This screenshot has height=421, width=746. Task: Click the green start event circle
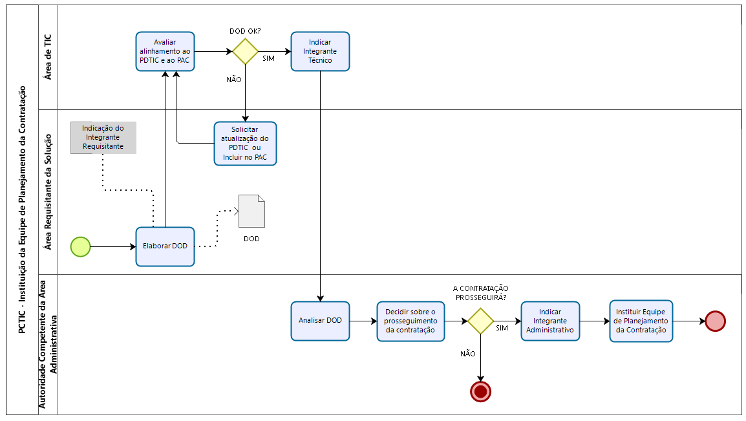tap(81, 246)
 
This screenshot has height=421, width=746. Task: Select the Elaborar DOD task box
tap(165, 246)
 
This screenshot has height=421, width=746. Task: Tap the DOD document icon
tap(251, 211)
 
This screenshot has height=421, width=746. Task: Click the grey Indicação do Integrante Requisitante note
tap(103, 138)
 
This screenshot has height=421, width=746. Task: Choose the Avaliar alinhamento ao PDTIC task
tap(165, 51)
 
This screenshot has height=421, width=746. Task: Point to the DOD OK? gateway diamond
tap(246, 51)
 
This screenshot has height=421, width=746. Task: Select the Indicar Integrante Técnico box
tap(320, 51)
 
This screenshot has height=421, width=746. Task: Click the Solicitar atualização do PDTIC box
tap(245, 144)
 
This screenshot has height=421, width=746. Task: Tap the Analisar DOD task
tap(320, 321)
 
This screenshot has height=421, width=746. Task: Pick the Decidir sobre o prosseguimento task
tap(410, 321)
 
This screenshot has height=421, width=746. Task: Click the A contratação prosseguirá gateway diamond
tap(480, 321)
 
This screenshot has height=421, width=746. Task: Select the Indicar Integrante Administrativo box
tap(550, 321)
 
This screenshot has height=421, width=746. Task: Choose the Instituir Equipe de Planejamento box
tap(641, 321)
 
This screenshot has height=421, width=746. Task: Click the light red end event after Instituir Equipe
tap(715, 321)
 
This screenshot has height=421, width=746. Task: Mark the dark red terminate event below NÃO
tap(480, 391)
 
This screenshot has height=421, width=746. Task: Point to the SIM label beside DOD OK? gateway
tap(268, 59)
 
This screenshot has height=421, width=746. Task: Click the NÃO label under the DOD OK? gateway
tap(233, 80)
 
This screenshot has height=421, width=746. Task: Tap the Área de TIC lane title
tap(48, 57)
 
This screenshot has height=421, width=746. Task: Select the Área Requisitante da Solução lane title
tap(48, 192)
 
